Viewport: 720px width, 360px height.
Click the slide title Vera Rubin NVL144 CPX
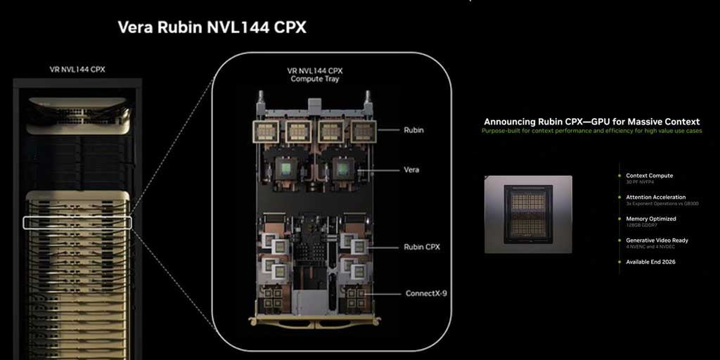coord(212,27)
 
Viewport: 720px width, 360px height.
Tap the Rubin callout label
coord(414,130)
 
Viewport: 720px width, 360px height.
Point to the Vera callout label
coord(412,170)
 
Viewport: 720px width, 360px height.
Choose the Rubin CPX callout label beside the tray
coord(423,247)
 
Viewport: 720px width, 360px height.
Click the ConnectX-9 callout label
coord(427,293)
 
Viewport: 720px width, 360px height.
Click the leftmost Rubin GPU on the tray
coord(267,130)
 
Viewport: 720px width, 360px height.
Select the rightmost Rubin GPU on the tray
coord(363,130)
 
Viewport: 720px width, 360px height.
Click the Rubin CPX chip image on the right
coord(528,214)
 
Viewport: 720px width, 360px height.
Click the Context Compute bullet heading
coord(649,175)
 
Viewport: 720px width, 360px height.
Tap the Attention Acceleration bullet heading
coord(655,197)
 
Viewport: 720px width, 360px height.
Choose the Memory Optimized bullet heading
coord(651,219)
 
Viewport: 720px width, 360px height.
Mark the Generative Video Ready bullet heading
coord(657,240)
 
